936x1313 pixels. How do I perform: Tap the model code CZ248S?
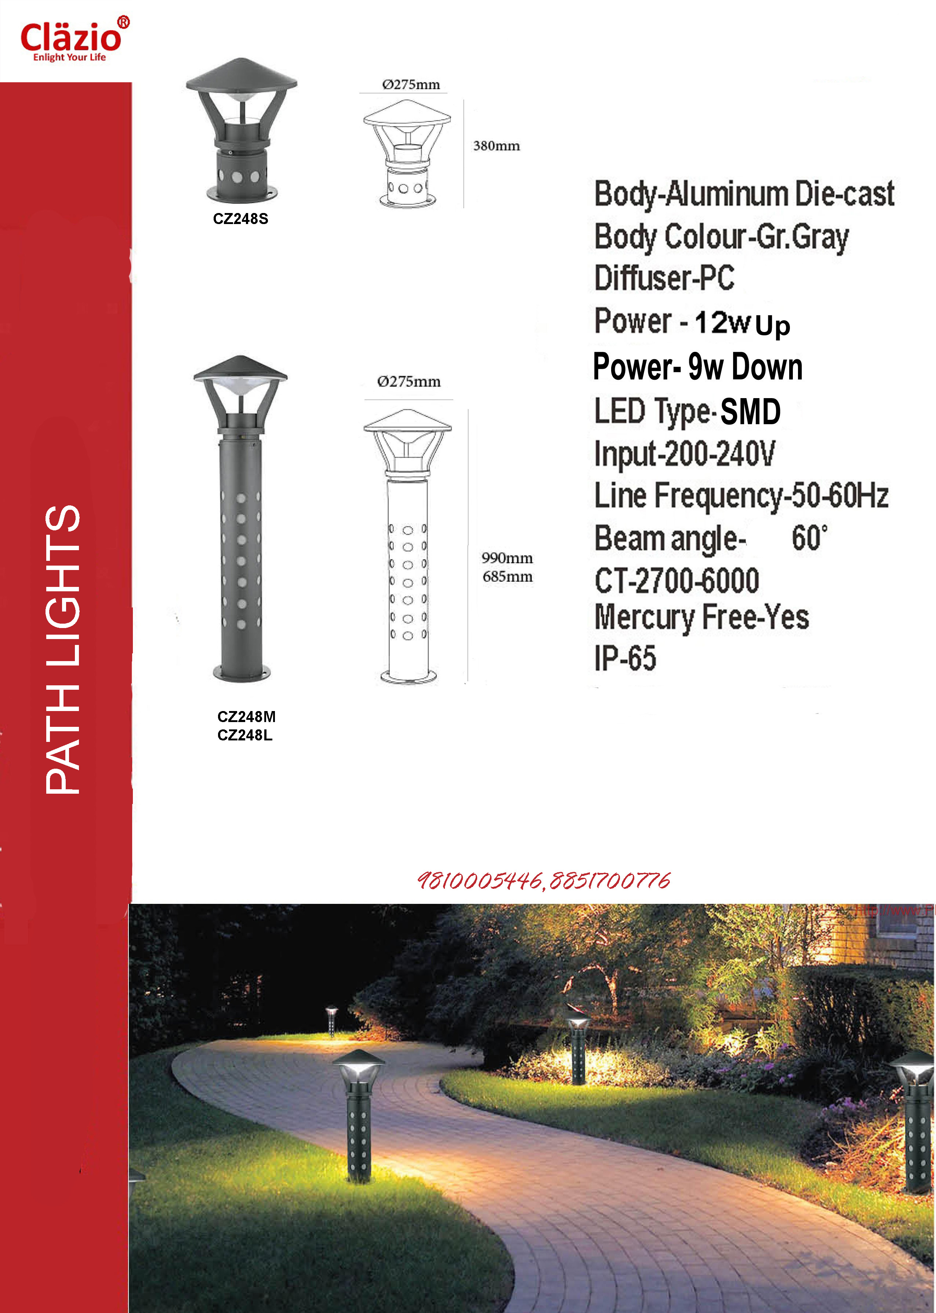tap(240, 219)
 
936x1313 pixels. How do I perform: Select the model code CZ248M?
tap(246, 717)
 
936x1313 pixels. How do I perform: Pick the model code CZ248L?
tap(244, 735)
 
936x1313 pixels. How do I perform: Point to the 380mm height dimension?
tap(496, 146)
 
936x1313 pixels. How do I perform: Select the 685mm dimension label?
tap(508, 577)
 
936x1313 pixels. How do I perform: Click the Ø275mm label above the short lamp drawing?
tap(411, 85)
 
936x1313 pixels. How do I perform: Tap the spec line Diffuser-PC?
tap(664, 278)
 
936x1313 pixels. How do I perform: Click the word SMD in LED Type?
tap(750, 412)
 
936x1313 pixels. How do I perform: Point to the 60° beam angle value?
tap(809, 538)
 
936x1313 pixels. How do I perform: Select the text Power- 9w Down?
tap(697, 367)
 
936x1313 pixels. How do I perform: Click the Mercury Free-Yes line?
tap(701, 617)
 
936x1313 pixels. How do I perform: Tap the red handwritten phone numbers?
tap(544, 880)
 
